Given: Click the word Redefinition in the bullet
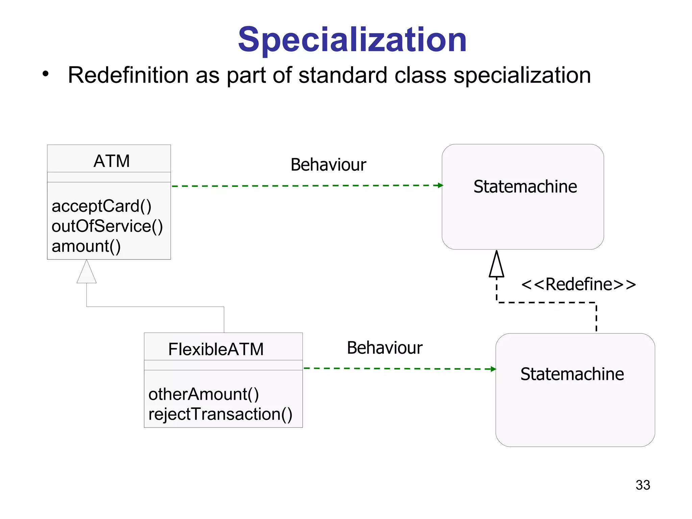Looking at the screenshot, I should coord(128,75).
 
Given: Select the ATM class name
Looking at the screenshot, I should coord(112,161).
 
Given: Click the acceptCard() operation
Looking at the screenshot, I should coord(101,206).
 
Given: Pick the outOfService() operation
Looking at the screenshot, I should coord(107,226).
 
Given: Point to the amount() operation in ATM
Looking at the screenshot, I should coord(86,246).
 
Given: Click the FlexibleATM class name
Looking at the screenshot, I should coord(216,349).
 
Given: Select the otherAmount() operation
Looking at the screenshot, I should coord(204,394).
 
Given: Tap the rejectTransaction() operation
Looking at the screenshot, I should coord(220,414).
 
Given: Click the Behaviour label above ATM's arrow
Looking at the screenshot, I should coord(328,165).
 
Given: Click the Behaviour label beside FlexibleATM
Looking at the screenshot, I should coord(385,348).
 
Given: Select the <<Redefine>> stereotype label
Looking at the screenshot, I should coord(578,284).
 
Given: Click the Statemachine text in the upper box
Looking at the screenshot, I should coord(525,187).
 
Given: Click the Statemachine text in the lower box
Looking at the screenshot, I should coord(572,374).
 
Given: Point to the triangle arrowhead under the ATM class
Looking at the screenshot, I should coord(86,273).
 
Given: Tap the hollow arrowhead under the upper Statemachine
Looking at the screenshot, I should coord(496,266).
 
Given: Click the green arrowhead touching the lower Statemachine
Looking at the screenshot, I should coord(493,369).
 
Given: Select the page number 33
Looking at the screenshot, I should coord(643,485).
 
